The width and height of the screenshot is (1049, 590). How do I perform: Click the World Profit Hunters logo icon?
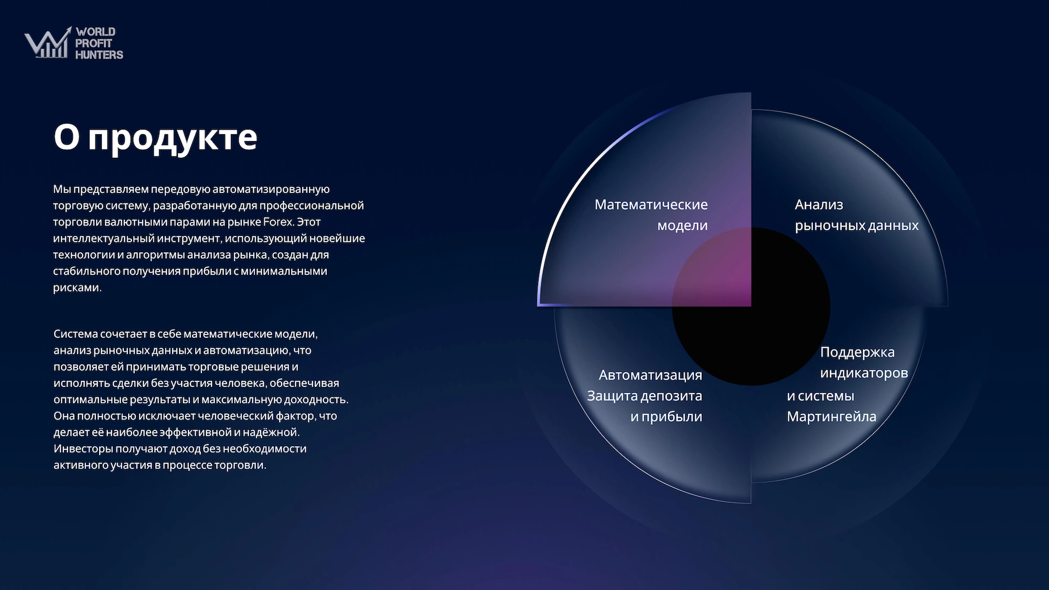(x=48, y=43)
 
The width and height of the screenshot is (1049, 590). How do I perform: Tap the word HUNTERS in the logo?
(x=99, y=55)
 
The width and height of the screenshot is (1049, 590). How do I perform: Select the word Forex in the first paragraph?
(x=278, y=222)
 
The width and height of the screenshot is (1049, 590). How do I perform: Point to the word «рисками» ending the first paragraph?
(x=77, y=287)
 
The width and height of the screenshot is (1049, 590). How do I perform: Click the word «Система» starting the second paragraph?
(x=76, y=334)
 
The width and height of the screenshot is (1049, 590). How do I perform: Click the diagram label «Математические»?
(x=651, y=205)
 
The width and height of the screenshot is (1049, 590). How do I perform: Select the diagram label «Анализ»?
(x=819, y=205)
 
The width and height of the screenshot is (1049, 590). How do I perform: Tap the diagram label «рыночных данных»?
(x=857, y=226)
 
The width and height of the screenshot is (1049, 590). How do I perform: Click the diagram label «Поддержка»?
(x=858, y=352)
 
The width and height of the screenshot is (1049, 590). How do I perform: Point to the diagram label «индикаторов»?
(x=864, y=373)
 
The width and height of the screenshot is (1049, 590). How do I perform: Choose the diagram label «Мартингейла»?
(x=831, y=417)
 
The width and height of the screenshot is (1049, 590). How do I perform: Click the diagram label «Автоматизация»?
(x=650, y=376)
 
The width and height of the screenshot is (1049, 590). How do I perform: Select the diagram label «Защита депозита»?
(x=644, y=396)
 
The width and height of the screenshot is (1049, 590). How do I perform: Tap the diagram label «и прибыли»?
(x=666, y=417)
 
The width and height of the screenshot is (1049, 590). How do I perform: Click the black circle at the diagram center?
(x=751, y=306)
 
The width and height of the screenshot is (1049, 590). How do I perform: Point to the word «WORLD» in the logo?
(x=95, y=32)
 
